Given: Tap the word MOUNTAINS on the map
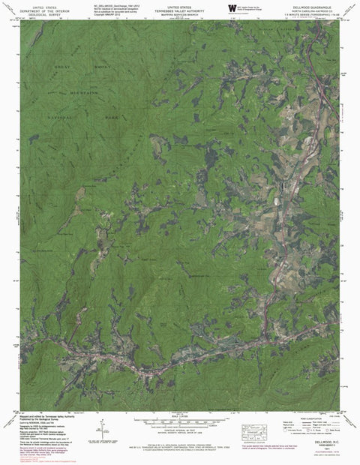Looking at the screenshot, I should click(85, 94).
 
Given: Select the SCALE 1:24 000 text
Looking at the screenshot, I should click(180, 415).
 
